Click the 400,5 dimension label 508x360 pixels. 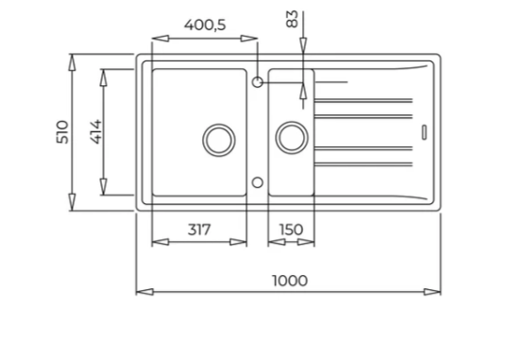click(205, 25)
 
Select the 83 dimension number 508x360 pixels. click(292, 19)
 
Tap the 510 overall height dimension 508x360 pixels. click(62, 132)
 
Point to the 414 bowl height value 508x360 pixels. click(96, 132)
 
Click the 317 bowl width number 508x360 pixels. click(199, 230)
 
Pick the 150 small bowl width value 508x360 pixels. click(291, 230)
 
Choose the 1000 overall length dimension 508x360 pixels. click(290, 281)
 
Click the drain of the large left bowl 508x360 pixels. click(219, 140)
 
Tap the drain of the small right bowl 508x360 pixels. click(292, 137)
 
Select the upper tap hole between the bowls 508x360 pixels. click(257, 82)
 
